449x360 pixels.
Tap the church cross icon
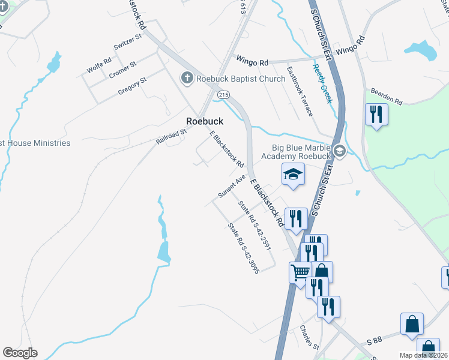[x=187, y=78]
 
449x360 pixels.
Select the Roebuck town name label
[x=205, y=121]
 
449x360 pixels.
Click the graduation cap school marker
[x=293, y=175]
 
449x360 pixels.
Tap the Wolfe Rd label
[x=99, y=65]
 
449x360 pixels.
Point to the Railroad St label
[x=167, y=137]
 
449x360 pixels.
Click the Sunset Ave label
[x=232, y=187]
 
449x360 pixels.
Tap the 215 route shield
[x=223, y=95]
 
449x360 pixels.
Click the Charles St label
[x=309, y=337]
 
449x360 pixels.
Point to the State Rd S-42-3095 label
[x=243, y=248]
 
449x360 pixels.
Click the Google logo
[x=20, y=353]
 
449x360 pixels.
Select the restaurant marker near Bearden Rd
[x=376, y=114]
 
